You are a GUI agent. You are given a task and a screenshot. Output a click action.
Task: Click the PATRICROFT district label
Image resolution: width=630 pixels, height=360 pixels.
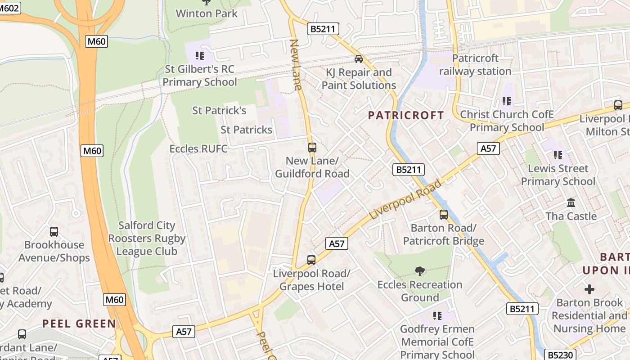406,115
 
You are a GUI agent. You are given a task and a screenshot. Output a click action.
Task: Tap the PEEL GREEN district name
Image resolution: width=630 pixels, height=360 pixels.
79,324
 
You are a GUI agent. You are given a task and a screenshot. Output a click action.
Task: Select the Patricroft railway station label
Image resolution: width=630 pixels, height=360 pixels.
475,65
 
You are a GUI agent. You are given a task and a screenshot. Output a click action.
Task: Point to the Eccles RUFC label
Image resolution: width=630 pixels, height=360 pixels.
198,148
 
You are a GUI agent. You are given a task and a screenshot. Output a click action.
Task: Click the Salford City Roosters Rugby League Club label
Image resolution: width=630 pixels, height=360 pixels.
147,238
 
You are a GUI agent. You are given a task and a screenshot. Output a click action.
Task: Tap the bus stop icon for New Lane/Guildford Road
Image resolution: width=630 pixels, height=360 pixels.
312,148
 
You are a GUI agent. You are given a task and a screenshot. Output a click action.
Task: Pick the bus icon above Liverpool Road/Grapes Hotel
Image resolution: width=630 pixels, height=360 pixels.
311,260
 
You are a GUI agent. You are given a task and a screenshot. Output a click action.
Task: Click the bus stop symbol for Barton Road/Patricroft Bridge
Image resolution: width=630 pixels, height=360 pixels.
444,215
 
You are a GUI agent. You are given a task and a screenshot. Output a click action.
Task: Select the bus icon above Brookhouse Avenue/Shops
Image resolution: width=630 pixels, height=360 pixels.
54,232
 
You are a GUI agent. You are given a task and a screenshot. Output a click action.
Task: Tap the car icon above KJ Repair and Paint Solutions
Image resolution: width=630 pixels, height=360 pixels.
359,59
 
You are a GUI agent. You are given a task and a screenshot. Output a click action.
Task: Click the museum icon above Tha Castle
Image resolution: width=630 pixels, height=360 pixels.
571,203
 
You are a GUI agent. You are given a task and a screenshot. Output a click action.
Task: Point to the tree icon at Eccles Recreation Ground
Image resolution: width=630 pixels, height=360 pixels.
420,271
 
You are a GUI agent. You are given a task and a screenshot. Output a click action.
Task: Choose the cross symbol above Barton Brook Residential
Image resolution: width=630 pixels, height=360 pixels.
589,289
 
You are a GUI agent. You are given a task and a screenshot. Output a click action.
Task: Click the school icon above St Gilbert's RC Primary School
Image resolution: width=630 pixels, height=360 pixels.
200,56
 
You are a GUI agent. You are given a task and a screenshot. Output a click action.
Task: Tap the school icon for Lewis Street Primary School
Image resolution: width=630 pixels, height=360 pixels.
558,155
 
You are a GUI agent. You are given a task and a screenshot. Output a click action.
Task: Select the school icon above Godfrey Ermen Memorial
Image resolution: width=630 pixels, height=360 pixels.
437,316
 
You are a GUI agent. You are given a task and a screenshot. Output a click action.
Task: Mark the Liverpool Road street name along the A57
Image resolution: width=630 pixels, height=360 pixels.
405,200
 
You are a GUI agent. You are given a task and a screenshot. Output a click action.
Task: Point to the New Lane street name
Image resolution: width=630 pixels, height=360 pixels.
296,65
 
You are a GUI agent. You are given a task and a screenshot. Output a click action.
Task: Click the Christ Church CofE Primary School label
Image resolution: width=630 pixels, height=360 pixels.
507,121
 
